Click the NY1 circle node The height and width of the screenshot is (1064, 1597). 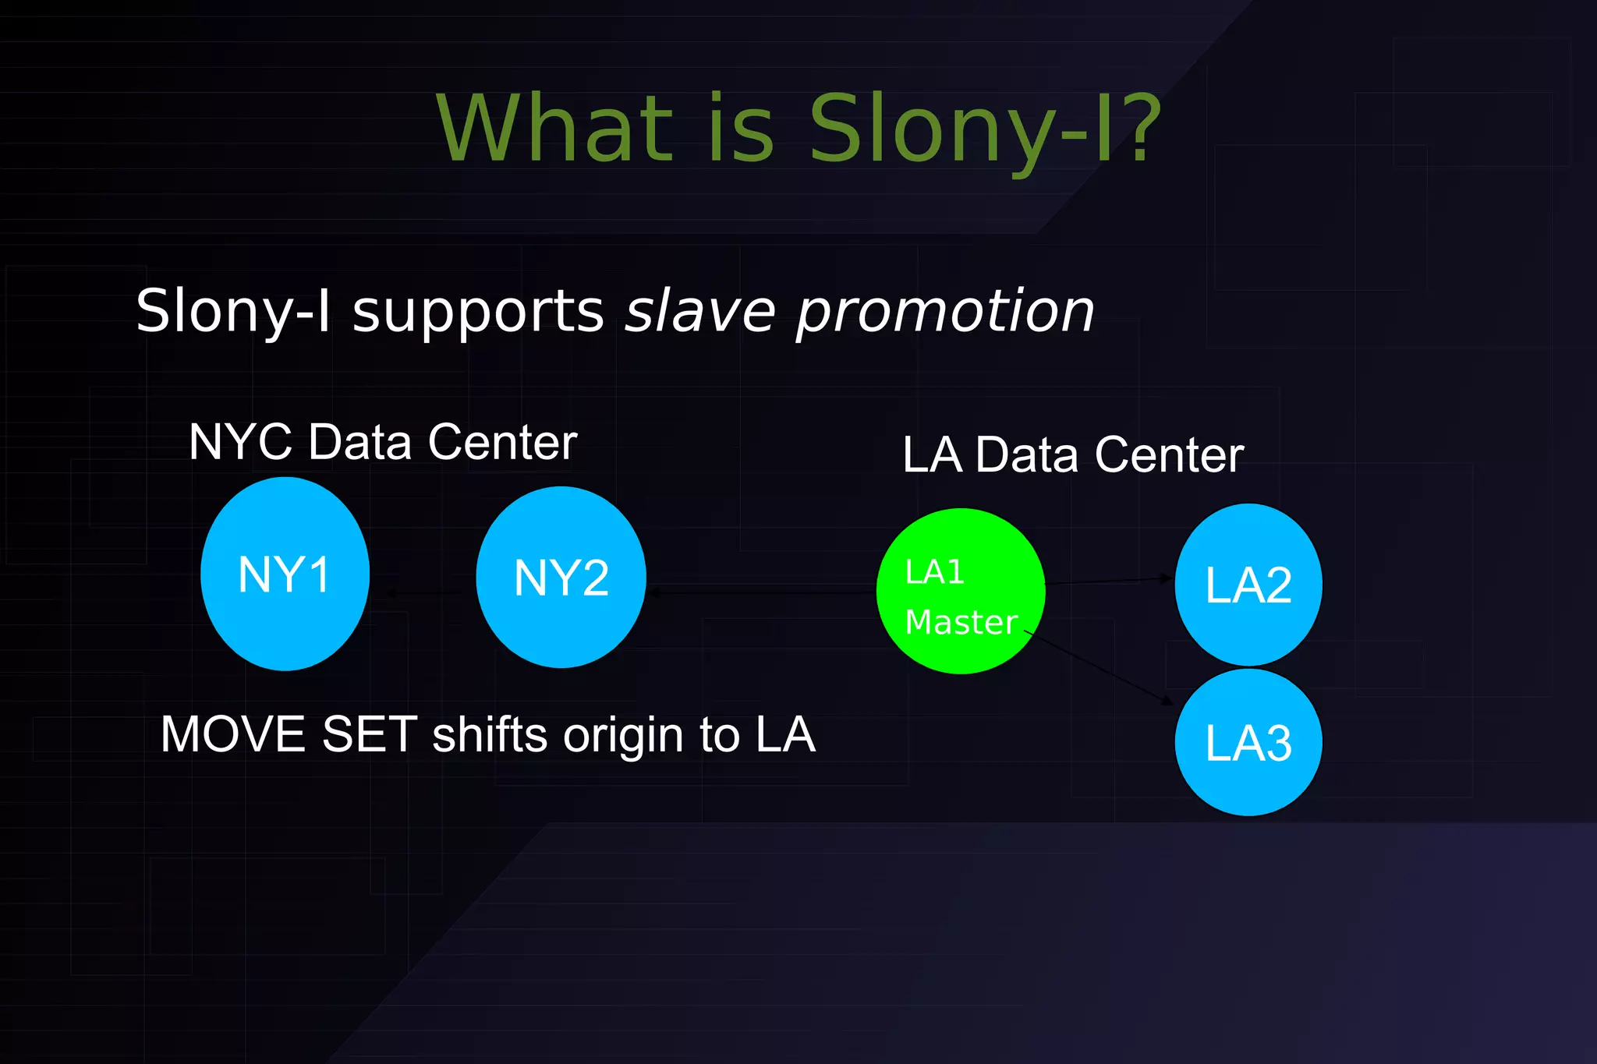pos(285,574)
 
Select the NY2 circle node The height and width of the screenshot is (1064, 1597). pos(561,578)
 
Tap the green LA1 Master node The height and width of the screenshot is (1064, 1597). pos(960,591)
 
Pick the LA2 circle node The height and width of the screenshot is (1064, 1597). pos(1248,585)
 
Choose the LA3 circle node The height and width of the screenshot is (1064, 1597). pos(1248,742)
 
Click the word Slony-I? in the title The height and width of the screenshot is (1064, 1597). pos(985,129)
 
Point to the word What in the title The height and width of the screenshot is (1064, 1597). pos(554,129)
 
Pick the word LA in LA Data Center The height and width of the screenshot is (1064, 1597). pos(932,455)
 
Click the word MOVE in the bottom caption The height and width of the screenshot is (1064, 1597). pos(233,734)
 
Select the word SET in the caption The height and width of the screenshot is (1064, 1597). pos(369,734)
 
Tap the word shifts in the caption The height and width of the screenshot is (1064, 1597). pos(490,734)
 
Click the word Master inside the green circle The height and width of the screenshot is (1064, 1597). pos(961,622)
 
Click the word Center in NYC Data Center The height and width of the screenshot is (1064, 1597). pos(502,442)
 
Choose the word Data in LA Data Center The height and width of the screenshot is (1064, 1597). pos(1026,455)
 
